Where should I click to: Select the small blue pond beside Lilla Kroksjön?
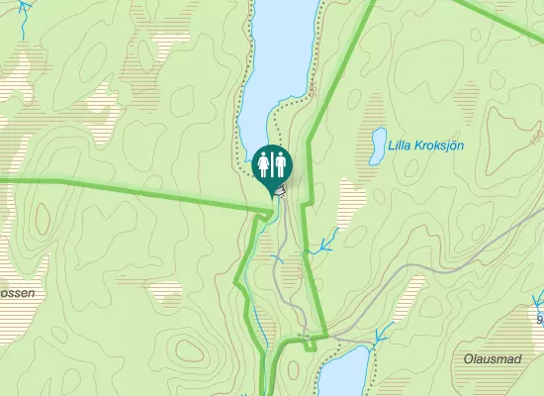click(377, 146)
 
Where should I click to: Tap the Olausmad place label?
click(492, 357)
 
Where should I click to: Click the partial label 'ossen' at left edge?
click(18, 294)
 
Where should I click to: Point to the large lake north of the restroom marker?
click(283, 59)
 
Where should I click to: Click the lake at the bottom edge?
click(343, 376)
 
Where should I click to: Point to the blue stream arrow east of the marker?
click(324, 244)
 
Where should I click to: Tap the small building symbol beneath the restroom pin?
click(281, 190)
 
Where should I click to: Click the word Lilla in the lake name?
click(402, 146)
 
